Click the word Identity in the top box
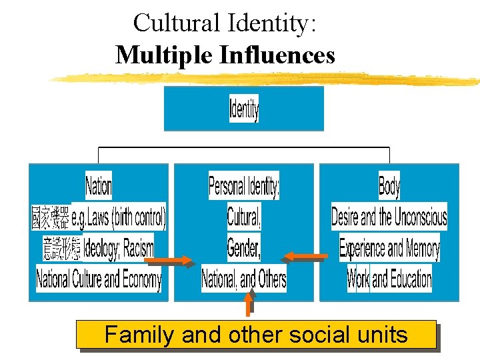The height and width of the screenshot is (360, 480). [244, 109]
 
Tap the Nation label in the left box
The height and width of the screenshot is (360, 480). [99, 185]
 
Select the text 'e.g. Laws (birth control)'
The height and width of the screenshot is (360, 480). [119, 217]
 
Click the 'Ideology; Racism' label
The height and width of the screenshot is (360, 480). [118, 247]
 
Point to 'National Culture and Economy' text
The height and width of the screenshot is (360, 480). [99, 278]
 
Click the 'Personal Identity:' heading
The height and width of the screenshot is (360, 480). [244, 185]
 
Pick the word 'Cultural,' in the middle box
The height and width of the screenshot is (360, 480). [244, 217]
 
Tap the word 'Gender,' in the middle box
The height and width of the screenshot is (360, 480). [244, 247]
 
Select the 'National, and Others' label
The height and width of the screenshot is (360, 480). [244, 279]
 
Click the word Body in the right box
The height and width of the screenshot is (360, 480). [389, 185]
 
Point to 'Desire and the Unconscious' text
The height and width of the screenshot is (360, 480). [389, 217]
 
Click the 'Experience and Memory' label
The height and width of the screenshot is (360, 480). [389, 248]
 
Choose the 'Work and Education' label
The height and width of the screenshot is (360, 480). [389, 279]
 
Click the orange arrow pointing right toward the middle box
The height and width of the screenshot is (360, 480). [174, 260]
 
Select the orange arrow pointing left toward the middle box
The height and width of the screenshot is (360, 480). [305, 255]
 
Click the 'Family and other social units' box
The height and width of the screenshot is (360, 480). [256, 334]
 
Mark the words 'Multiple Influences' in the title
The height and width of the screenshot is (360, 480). [225, 55]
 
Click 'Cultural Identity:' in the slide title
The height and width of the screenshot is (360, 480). [225, 23]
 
